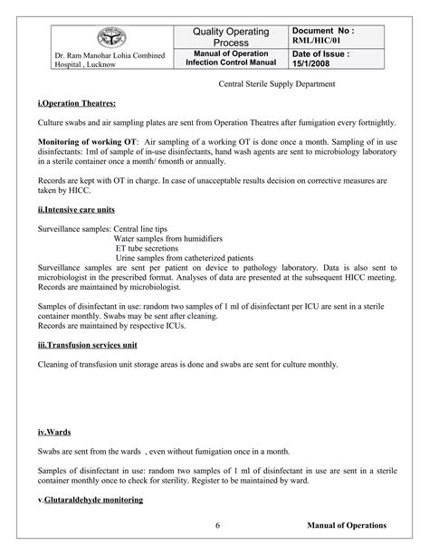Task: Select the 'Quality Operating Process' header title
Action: pyautogui.click(x=231, y=38)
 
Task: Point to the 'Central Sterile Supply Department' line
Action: pyautogui.click(x=277, y=84)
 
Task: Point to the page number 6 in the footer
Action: pyautogui.click(x=218, y=525)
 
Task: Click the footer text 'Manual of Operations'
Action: pyautogui.click(x=347, y=525)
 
